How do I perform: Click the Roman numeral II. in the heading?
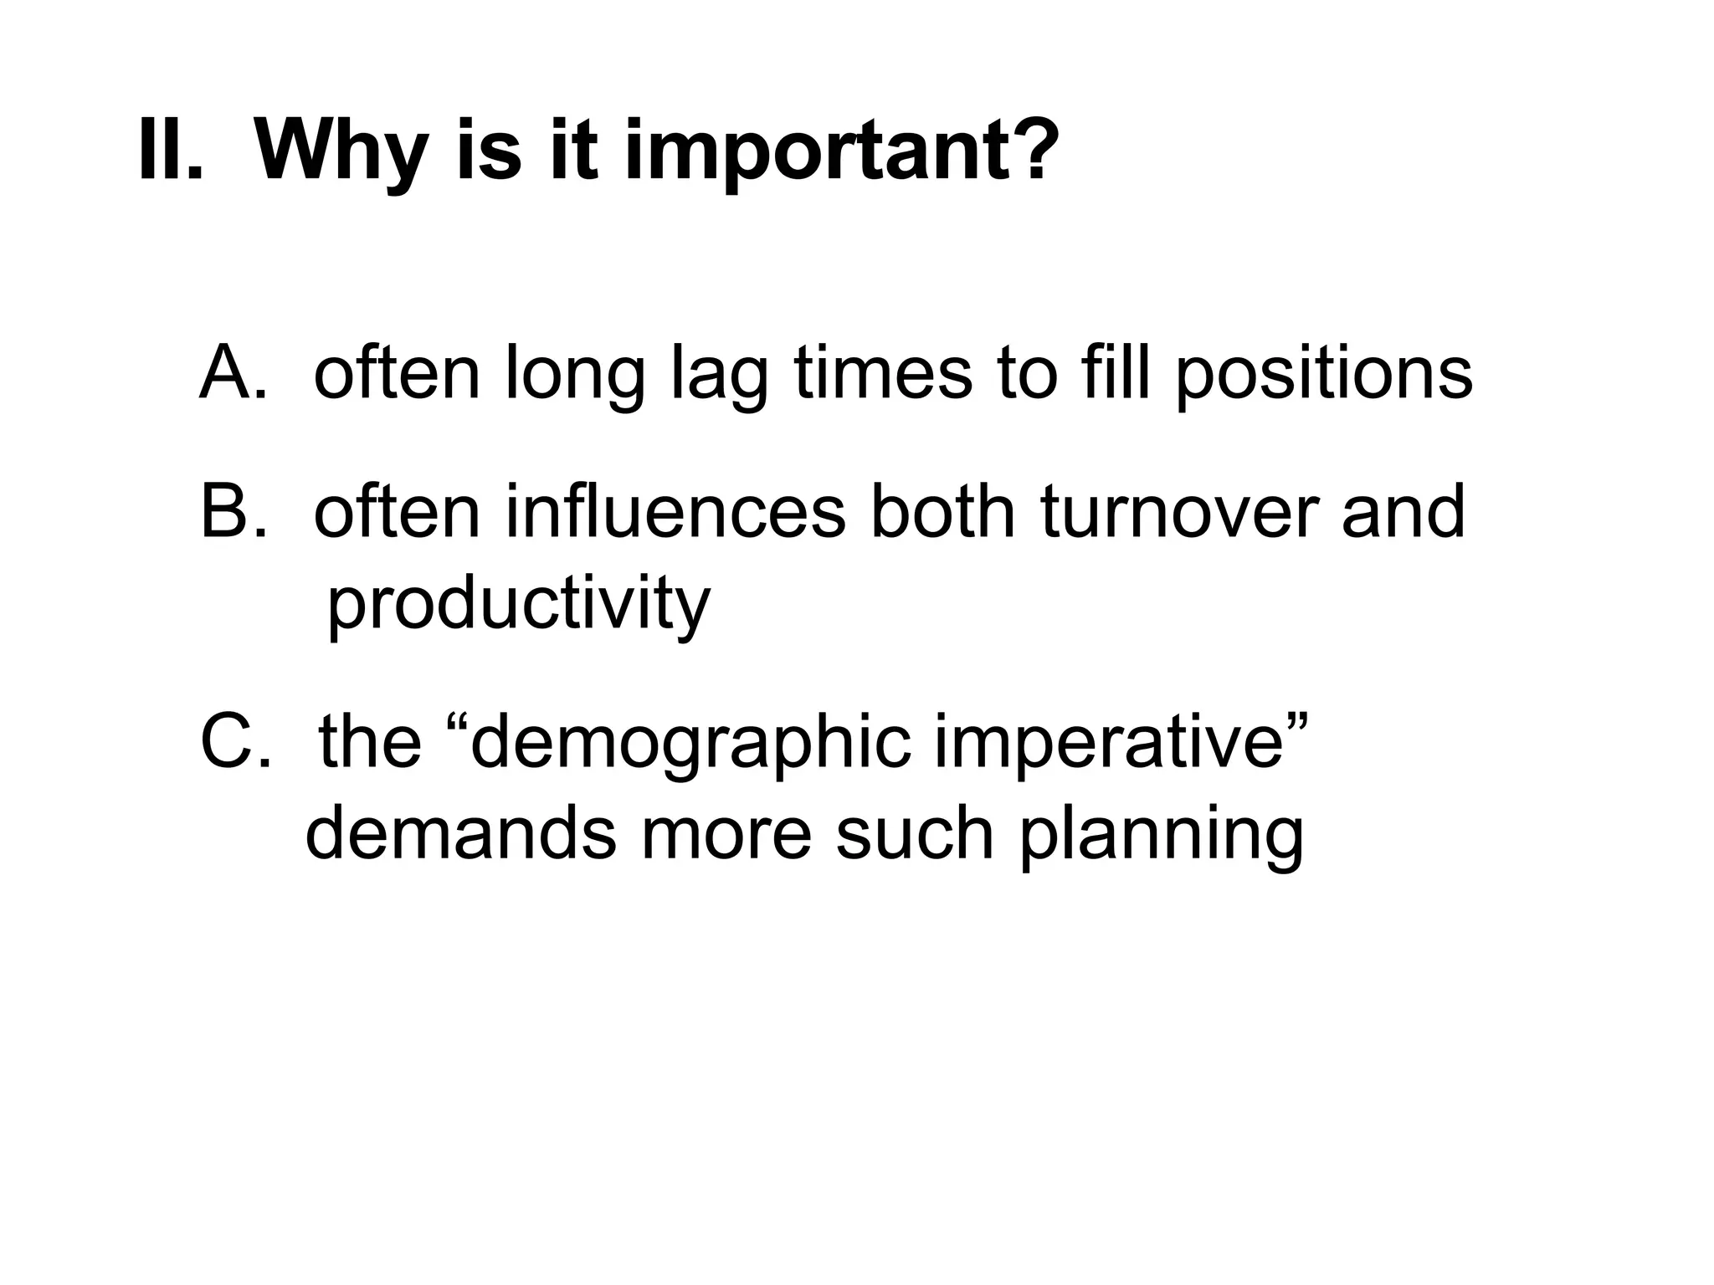click(x=171, y=150)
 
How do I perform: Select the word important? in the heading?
click(x=838, y=151)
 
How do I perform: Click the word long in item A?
click(x=576, y=375)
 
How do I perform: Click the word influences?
click(x=675, y=511)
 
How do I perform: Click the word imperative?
click(x=1109, y=743)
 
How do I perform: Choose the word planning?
click(x=1161, y=835)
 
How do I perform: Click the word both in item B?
click(x=943, y=511)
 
